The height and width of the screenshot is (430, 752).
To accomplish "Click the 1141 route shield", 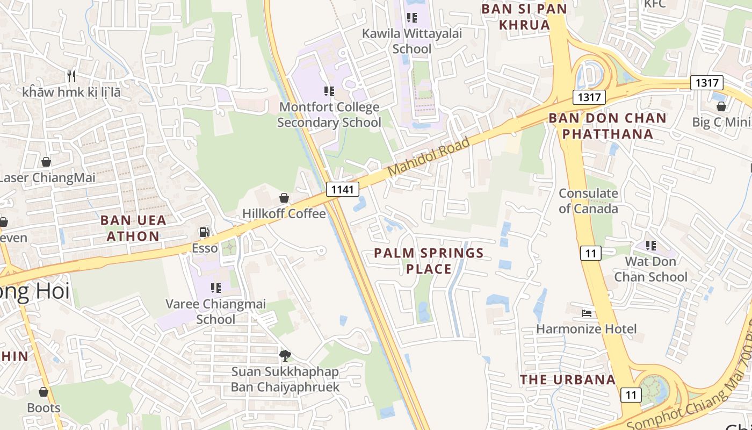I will tap(342, 189).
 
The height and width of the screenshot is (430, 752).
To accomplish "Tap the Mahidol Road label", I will tap(428, 156).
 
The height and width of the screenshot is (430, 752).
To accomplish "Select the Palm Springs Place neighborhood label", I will tap(429, 261).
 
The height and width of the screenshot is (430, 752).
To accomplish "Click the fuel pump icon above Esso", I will tap(205, 232).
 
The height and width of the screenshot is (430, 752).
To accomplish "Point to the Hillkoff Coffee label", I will tap(284, 213).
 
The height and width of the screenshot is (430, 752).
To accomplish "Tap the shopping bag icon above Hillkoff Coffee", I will tap(284, 198).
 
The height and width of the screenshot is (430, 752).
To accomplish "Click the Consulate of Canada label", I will tap(588, 200).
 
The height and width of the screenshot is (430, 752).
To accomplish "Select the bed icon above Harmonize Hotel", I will tap(587, 313).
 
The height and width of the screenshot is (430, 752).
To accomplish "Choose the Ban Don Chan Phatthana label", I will tap(608, 126).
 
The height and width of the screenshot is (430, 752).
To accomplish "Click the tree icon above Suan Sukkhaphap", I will tap(285, 355).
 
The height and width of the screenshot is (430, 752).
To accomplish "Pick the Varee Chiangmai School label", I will tap(215, 312).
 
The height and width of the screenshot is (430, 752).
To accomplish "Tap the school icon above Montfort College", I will tap(329, 91).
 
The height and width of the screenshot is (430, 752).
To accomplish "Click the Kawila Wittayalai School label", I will tap(412, 41).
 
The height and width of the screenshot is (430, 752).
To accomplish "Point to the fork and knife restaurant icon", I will tap(71, 76).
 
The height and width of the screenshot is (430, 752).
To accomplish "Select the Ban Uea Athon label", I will tap(133, 228).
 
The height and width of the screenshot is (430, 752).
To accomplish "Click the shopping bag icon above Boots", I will tap(44, 392).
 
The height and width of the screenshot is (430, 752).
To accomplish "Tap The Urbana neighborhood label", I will tap(567, 379).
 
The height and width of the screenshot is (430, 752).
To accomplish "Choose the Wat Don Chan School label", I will tap(650, 269).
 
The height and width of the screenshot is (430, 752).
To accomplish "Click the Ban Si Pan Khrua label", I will tap(524, 17).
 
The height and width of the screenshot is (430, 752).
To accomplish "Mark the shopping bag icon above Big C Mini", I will tap(721, 106).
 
